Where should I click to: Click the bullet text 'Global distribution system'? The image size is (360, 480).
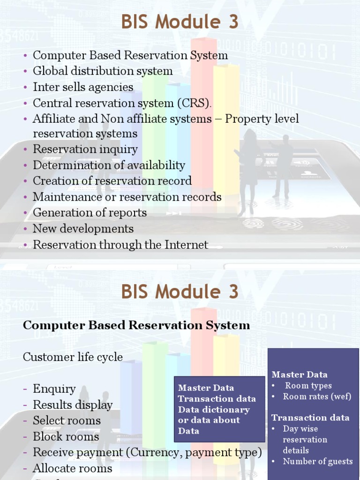click(103, 71)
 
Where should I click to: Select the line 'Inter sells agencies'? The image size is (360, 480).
click(83, 87)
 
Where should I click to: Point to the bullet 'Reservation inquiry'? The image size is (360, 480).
click(85, 150)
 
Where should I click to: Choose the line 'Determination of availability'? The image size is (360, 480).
click(109, 165)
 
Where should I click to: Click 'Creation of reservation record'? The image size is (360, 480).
click(112, 181)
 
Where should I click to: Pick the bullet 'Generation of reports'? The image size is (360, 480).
click(90, 213)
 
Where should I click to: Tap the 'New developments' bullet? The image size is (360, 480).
click(83, 229)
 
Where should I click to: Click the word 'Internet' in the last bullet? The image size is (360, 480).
click(187, 245)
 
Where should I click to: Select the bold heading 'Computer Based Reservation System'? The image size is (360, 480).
click(136, 325)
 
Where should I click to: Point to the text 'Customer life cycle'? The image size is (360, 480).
click(73, 357)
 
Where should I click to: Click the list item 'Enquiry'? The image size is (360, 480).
click(54, 389)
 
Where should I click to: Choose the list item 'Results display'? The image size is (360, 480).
click(73, 405)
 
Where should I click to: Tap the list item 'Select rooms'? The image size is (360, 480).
click(67, 421)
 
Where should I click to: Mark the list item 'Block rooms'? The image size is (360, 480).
click(66, 437)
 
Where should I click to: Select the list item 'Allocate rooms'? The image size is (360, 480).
click(72, 468)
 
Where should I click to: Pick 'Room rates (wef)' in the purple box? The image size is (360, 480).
click(317, 397)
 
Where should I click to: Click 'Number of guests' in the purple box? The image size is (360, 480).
click(317, 461)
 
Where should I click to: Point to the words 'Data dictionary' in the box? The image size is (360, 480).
click(214, 410)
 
